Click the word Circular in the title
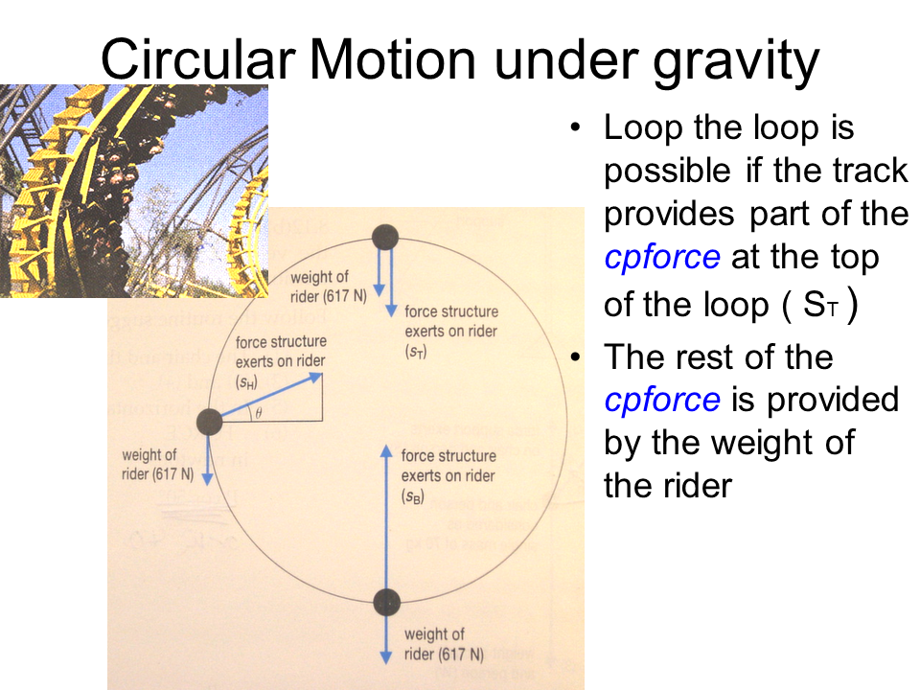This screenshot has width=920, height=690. tap(197, 58)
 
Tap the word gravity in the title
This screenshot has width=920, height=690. tap(736, 63)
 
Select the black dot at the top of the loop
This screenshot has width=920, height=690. tap(385, 239)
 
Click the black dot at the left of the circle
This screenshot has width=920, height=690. tap(210, 422)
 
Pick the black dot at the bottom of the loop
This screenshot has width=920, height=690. tap(386, 602)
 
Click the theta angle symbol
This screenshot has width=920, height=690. tap(258, 413)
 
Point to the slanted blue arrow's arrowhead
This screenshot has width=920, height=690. tap(314, 379)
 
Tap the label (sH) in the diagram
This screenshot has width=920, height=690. tap(246, 383)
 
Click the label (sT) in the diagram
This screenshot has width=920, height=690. tap(416, 352)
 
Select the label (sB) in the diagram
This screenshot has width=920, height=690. tap(412, 497)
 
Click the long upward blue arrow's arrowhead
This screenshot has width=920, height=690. tap(386, 450)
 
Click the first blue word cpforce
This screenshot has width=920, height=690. tap(662, 257)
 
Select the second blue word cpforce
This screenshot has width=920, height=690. tap(662, 401)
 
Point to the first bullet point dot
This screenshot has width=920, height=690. tap(575, 127)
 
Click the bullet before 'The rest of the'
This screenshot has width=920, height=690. tap(575, 356)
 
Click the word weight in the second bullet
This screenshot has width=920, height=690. tap(764, 444)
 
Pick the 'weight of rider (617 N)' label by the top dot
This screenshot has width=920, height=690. tap(328, 287)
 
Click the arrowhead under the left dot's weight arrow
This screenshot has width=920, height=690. tap(207, 478)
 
